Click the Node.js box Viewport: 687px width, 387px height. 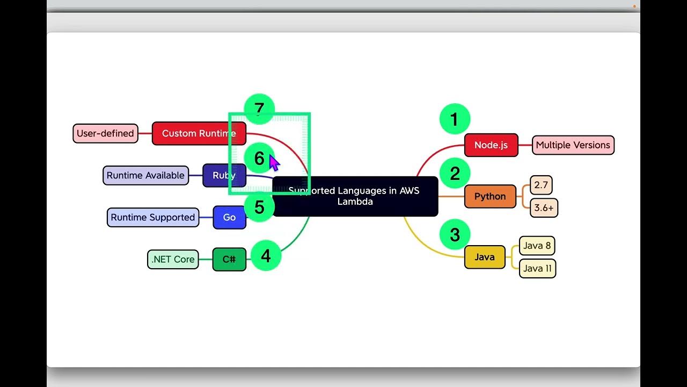491,145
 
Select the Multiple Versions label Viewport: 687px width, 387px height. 573,145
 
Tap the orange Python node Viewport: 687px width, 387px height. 490,196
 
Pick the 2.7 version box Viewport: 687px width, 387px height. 541,185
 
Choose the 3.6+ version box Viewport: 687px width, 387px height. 544,207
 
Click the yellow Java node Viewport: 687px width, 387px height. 484,257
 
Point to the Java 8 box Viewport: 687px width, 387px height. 537,246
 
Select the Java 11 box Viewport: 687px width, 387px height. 537,268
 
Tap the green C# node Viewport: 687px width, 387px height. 229,259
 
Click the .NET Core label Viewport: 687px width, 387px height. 173,259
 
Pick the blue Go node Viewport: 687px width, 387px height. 229,217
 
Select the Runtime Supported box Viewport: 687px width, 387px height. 153,217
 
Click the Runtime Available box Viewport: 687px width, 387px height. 145,175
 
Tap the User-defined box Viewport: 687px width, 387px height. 105,133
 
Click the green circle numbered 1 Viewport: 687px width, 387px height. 455,119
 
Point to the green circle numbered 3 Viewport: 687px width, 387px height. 455,235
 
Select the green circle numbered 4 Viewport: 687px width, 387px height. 266,256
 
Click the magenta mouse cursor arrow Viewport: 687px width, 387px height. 274,162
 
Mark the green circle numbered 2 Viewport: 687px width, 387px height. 455,174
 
